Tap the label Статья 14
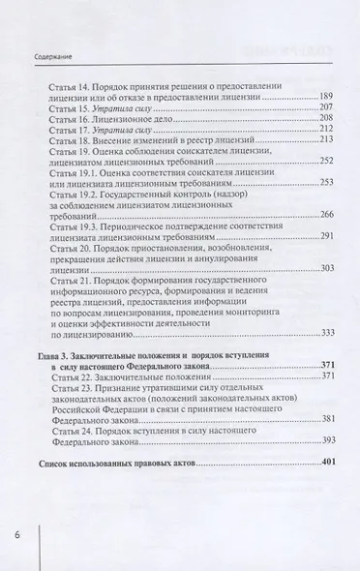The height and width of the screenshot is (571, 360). point(71,85)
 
